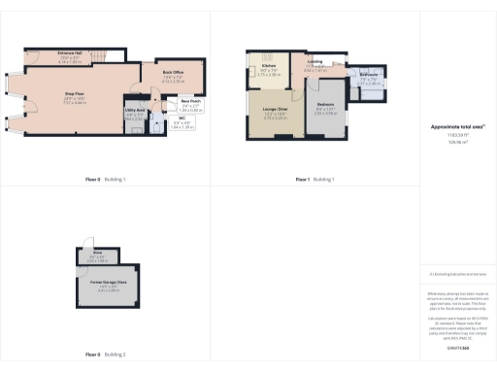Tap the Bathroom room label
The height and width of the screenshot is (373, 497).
(x=369, y=82)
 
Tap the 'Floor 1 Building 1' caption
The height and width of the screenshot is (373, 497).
(x=315, y=180)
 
